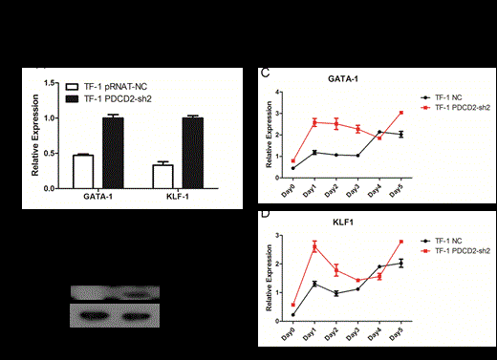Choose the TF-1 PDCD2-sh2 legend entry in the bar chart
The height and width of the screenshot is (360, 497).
point(113,96)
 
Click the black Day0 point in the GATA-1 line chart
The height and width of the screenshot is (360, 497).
point(292,168)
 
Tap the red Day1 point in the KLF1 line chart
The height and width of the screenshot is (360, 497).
point(313,247)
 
